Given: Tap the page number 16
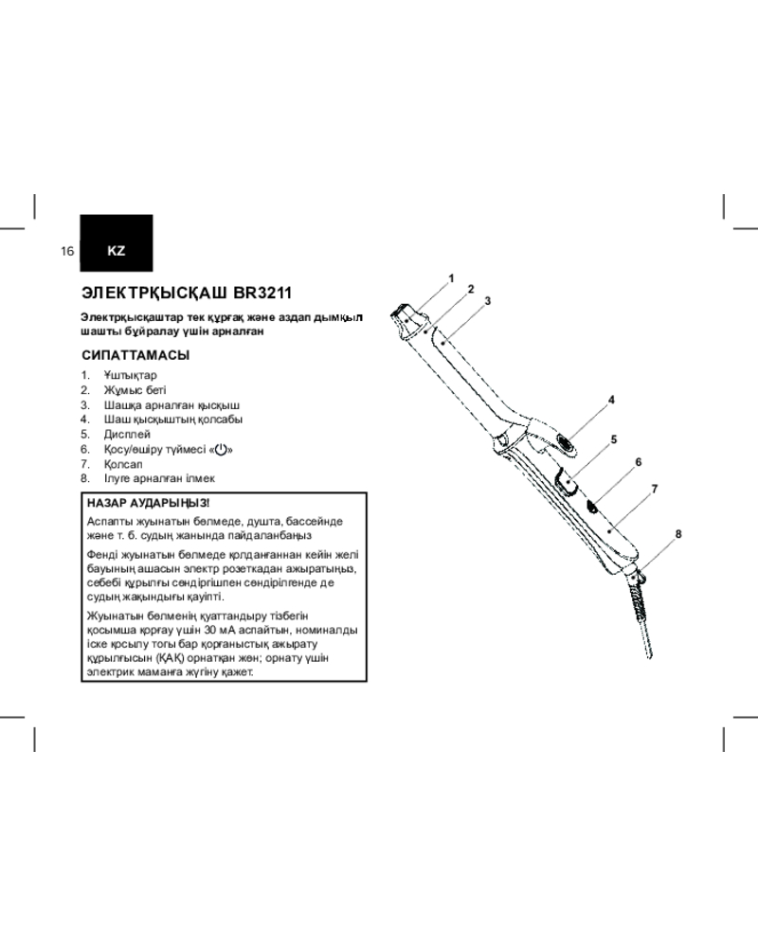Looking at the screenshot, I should tap(66, 251).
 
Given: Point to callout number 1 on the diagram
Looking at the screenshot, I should tap(452, 277).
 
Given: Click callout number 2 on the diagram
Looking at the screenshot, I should tap(470, 289).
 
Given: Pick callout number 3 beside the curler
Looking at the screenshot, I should tap(486, 300).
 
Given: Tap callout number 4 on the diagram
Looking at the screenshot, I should tap(612, 400).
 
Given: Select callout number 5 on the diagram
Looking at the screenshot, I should tap(613, 438).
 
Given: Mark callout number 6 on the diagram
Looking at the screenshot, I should tap(639, 462).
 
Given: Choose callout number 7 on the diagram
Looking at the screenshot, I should tap(654, 489).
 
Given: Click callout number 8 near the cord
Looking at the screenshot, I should tap(678, 534).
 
